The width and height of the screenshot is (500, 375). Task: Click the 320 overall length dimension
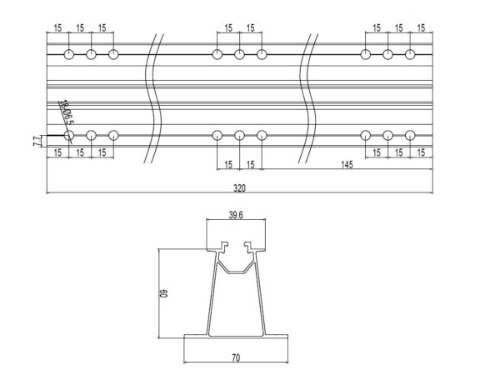240,187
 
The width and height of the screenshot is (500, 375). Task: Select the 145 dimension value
347,165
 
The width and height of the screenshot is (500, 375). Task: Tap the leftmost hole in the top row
68,55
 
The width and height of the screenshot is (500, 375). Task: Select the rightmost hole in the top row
410,55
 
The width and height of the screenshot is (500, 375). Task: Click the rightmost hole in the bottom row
410,134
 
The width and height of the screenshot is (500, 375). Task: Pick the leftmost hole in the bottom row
68,134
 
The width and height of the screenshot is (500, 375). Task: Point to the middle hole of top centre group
239,55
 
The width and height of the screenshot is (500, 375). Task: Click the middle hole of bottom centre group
239,134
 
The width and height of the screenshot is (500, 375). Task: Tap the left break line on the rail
152,96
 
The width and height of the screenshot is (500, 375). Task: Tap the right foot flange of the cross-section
279,337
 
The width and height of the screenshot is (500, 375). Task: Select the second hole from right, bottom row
387,134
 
